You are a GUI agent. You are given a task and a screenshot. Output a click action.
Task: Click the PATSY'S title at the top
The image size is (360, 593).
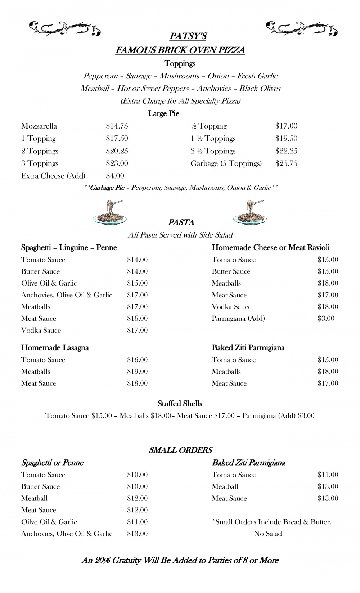(188, 36)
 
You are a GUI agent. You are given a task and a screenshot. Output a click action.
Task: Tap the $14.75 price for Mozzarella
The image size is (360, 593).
(117, 126)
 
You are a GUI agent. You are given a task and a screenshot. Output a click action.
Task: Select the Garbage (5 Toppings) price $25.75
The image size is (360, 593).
(286, 163)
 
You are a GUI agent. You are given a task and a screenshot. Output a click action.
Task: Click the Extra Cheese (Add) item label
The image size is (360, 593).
(53, 176)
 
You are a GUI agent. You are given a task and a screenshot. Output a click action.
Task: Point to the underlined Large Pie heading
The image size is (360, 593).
(163, 114)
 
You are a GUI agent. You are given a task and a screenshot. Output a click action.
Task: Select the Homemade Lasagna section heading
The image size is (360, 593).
(55, 348)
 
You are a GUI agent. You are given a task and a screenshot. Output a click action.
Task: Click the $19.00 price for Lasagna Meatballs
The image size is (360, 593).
(137, 372)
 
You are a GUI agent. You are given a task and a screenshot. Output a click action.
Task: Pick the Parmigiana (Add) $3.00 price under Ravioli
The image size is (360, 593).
(326, 318)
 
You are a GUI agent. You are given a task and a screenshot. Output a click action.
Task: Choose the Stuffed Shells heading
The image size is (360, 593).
(180, 404)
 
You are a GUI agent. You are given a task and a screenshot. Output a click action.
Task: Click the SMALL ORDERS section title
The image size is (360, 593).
(180, 450)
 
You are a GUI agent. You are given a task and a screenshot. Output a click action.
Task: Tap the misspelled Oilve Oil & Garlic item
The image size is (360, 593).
(49, 522)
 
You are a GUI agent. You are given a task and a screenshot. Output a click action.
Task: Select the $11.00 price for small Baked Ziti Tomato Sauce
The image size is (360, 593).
(328, 475)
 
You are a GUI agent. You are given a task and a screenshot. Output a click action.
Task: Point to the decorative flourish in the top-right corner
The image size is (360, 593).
(302, 29)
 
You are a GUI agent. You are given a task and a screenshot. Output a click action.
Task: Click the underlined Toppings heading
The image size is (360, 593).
(180, 64)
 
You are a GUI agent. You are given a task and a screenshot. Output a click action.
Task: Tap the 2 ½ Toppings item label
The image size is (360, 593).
(213, 151)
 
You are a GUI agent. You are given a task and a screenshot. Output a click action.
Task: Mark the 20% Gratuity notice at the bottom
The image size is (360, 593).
(180, 560)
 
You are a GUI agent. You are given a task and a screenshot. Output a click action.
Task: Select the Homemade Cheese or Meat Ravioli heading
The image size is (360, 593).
(270, 248)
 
